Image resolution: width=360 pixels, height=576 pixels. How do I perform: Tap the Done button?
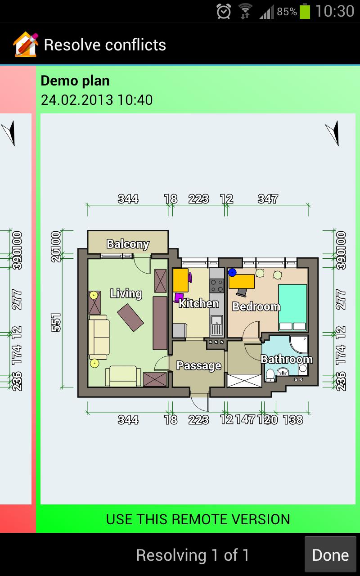pyautogui.click(x=330, y=555)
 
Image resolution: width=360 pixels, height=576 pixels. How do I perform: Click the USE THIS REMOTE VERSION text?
pyautogui.click(x=198, y=519)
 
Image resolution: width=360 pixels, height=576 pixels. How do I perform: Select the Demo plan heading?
pyautogui.click(x=75, y=81)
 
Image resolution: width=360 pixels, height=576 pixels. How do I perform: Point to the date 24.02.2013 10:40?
pyautogui.click(x=97, y=99)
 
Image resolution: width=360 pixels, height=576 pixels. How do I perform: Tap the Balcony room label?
pyautogui.click(x=128, y=244)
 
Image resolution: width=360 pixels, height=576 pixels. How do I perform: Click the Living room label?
pyautogui.click(x=126, y=294)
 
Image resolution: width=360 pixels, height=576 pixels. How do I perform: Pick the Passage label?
pyautogui.click(x=198, y=365)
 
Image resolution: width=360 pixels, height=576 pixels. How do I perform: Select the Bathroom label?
pyautogui.click(x=287, y=359)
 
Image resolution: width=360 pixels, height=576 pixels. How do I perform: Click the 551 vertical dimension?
pyautogui.click(x=56, y=322)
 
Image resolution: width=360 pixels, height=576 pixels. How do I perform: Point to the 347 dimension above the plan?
pyautogui.click(x=268, y=198)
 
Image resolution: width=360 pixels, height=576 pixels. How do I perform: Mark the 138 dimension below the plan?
pyautogui.click(x=293, y=420)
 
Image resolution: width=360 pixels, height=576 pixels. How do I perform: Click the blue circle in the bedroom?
pyautogui.click(x=232, y=272)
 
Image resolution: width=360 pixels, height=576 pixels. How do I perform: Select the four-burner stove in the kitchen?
pyautogui.click(x=217, y=285)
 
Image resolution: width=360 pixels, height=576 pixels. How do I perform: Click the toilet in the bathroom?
pyautogui.click(x=270, y=374)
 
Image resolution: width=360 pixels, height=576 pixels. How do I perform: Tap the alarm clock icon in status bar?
pyautogui.click(x=224, y=11)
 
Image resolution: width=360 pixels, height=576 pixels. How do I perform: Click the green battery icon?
pyautogui.click(x=305, y=11)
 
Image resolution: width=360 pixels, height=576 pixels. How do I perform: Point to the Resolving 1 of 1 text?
pyautogui.click(x=193, y=555)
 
